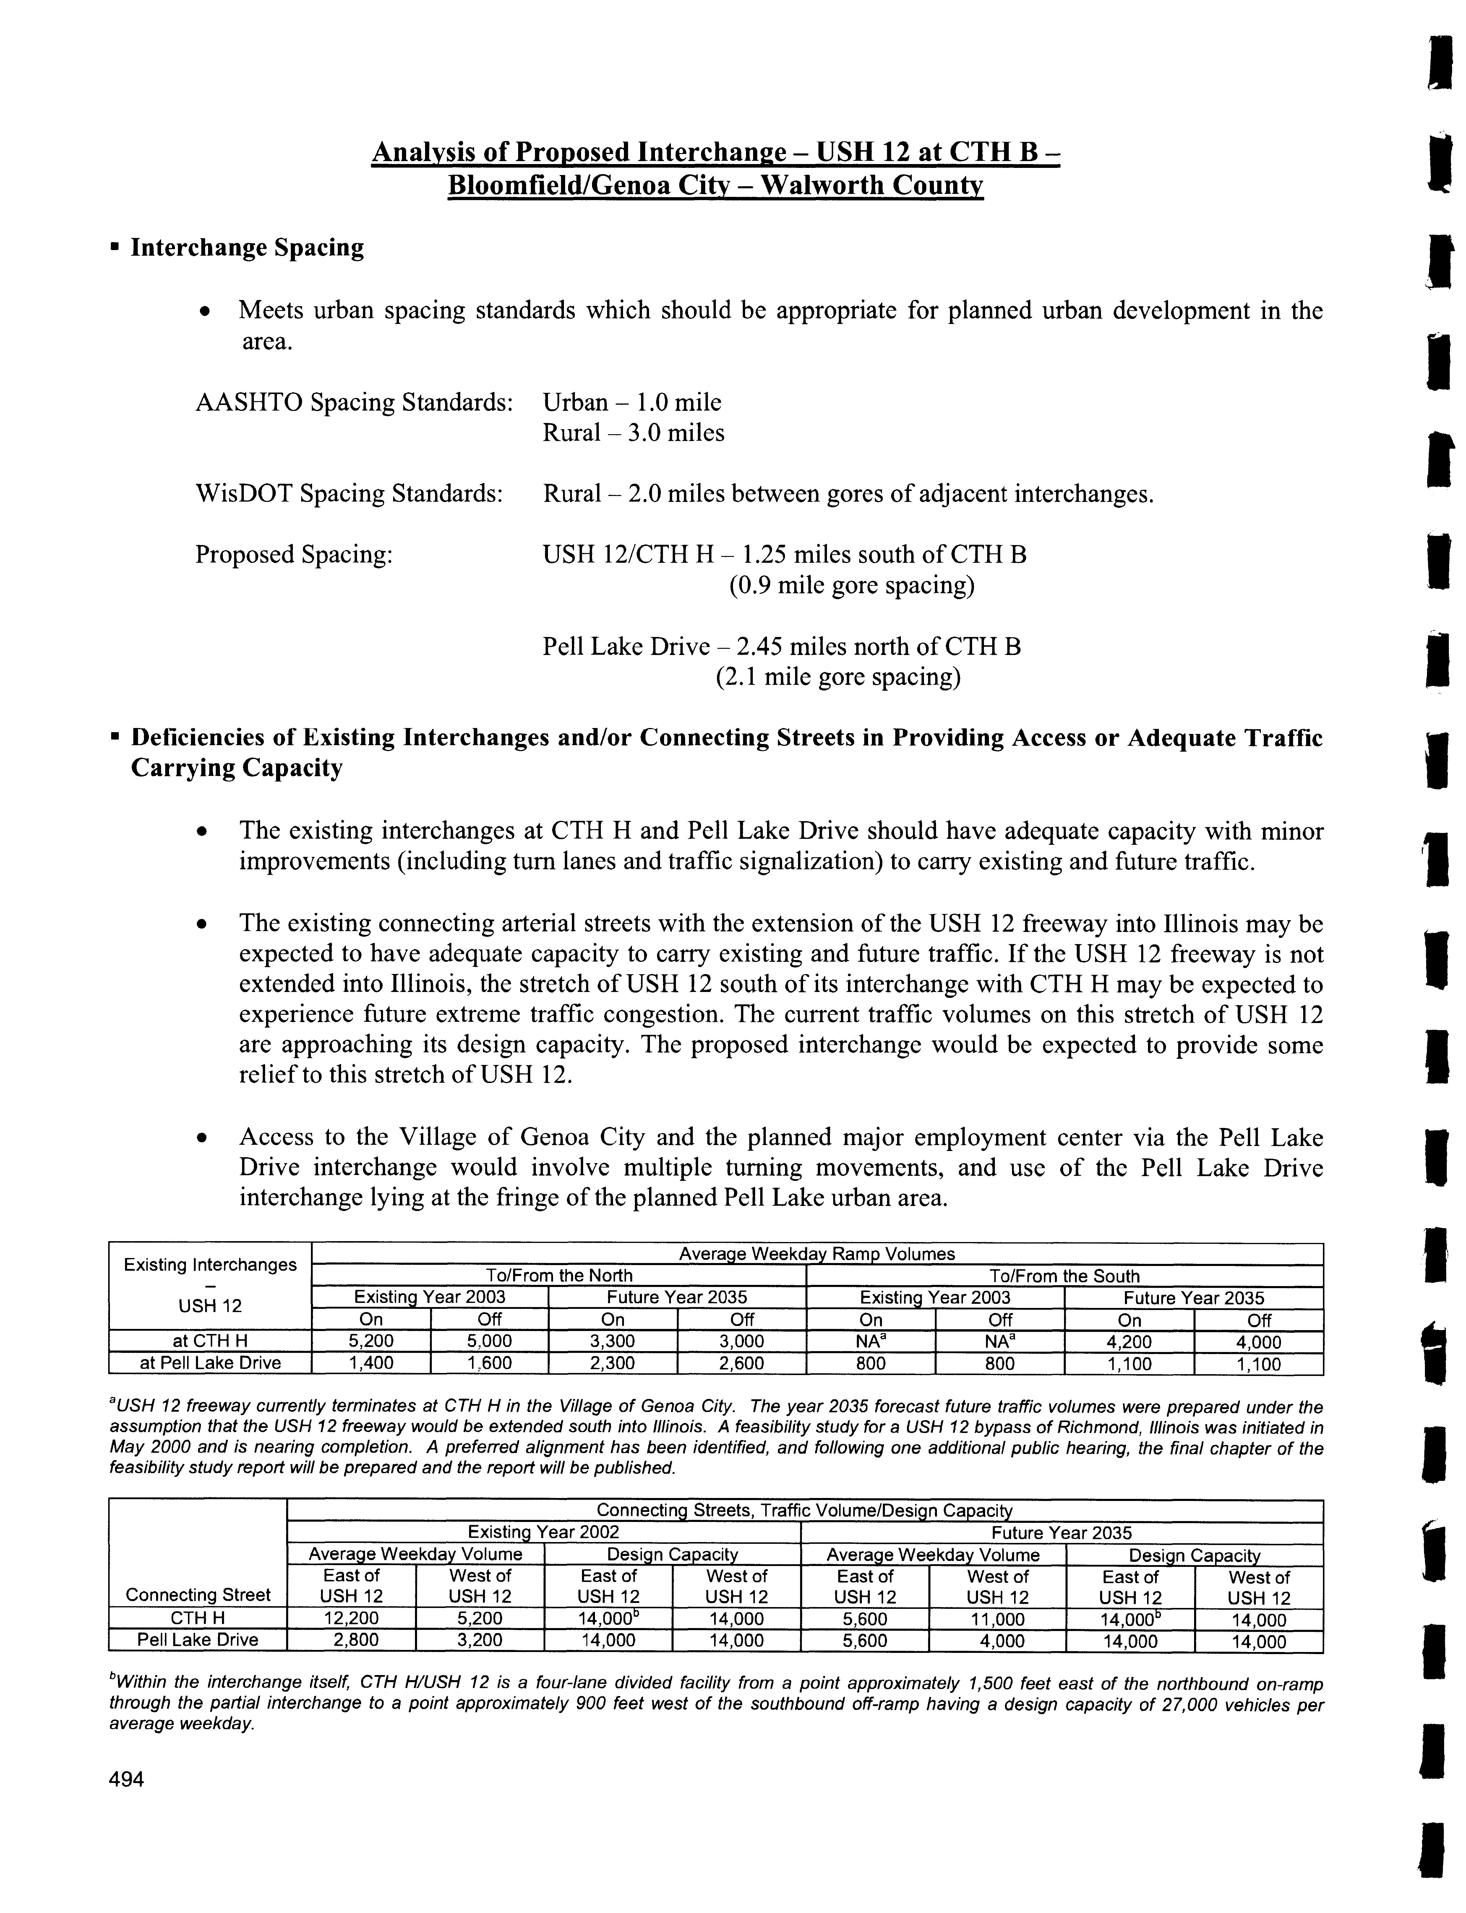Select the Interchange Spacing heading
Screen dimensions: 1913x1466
(247, 248)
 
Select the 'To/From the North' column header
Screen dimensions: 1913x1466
(559, 1276)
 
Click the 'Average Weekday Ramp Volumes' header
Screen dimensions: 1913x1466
(817, 1254)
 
